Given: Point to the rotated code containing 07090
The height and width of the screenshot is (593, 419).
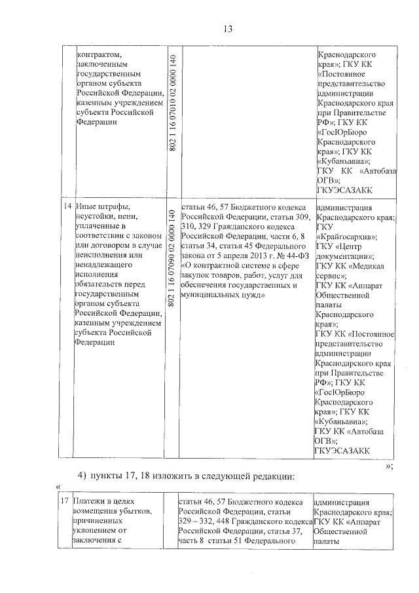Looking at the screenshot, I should pyautogui.click(x=173, y=258).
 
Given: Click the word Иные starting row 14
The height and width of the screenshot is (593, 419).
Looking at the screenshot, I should pyautogui.click(x=86, y=206).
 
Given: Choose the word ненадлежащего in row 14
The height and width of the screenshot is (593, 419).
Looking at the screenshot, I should pyautogui.click(x=101, y=266).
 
